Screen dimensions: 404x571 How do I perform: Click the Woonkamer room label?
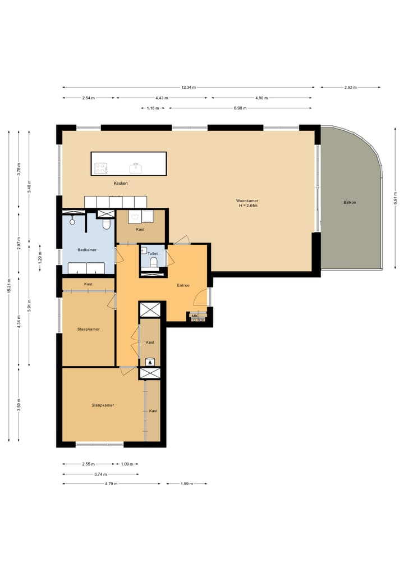click(247, 200)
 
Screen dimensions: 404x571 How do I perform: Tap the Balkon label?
click(350, 203)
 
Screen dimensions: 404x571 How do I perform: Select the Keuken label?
click(121, 184)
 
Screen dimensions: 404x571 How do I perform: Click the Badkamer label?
click(87, 250)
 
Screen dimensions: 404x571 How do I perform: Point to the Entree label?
click(183, 285)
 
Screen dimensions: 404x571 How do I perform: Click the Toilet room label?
click(153, 254)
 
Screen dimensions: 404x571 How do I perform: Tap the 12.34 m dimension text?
click(189, 88)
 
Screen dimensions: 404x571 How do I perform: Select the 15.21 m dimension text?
click(10, 286)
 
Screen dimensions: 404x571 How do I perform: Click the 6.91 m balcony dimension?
click(396, 198)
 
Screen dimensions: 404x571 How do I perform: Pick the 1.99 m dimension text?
click(187, 484)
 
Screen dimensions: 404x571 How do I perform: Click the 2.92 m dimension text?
click(351, 88)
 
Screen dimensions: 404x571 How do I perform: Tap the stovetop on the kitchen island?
click(101, 168)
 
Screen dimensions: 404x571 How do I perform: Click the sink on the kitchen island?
click(135, 168)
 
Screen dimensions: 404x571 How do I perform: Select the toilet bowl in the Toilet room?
click(153, 262)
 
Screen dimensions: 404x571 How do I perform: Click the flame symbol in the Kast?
click(150, 362)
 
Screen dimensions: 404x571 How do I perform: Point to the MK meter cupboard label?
click(195, 316)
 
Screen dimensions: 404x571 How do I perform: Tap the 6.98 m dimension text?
click(240, 108)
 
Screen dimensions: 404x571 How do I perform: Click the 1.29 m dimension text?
click(40, 258)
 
